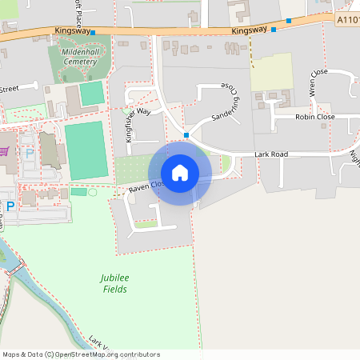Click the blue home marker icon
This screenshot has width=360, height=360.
coord(180,173)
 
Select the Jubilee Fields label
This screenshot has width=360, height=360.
coord(114,283)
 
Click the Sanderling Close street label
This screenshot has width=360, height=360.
coord(225,104)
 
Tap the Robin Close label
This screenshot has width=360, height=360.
coord(314,117)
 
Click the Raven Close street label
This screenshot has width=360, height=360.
coord(146,186)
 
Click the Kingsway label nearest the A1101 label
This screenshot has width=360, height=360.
coord(248,30)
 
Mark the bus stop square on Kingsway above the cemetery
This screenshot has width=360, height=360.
coord(93,33)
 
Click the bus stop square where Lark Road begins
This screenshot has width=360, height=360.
coord(186,135)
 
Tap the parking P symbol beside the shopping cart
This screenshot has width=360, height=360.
coord(30,153)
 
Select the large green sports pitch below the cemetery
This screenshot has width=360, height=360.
coord(86,150)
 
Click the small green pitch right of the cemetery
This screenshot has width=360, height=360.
coord(92,93)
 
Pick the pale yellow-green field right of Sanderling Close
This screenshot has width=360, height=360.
coord(272,72)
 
